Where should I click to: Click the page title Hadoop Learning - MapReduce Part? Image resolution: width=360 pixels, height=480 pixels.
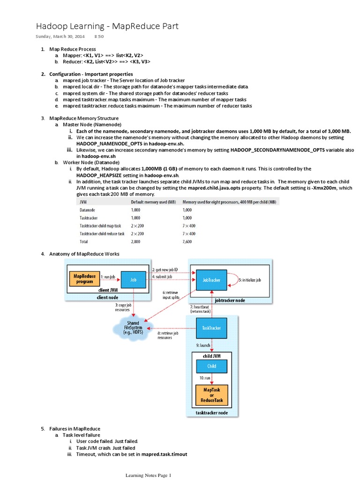tap(107, 27)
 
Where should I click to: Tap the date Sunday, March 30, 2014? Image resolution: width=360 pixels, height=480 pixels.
tap(60, 36)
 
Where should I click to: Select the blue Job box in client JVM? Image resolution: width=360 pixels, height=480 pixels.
tap(134, 279)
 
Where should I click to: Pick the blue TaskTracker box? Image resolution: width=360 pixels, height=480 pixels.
tap(211, 328)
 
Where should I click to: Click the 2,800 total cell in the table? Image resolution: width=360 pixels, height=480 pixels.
tap(136, 241)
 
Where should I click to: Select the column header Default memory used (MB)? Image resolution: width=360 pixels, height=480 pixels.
tap(152, 202)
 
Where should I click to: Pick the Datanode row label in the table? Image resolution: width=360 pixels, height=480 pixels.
tap(88, 210)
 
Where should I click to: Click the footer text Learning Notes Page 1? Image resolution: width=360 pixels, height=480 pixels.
tap(148, 475)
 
